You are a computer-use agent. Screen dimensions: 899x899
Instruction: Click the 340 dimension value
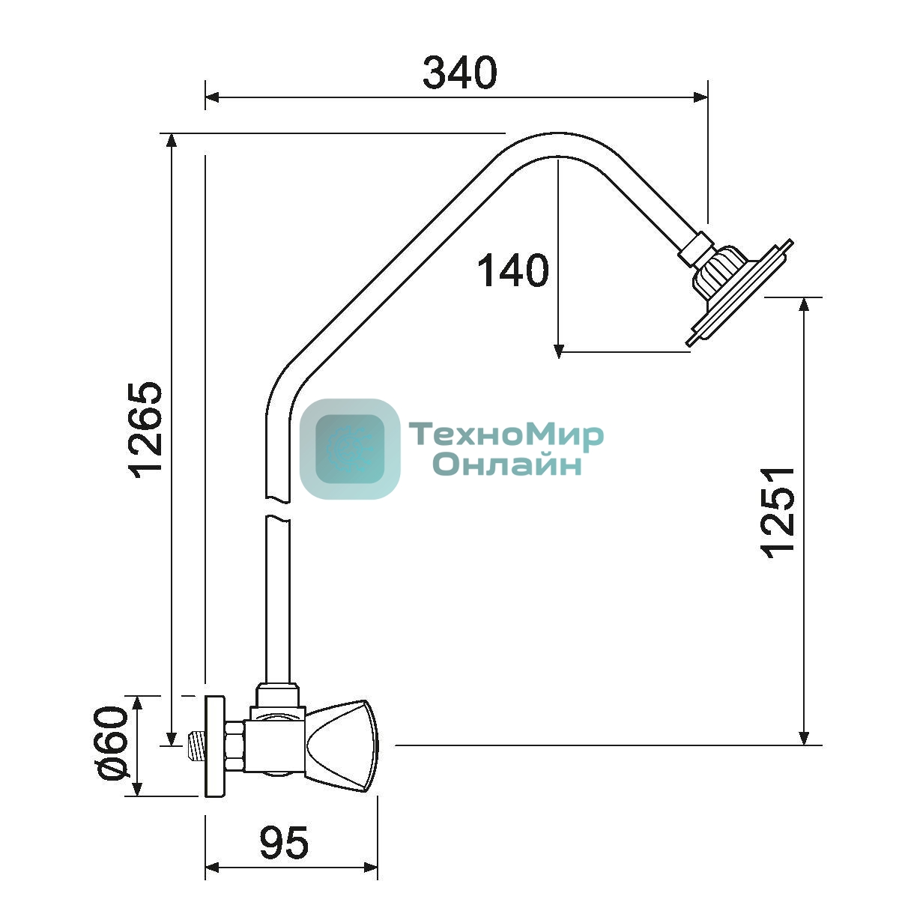tap(460, 73)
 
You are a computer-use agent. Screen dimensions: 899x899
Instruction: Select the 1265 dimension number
tap(146, 431)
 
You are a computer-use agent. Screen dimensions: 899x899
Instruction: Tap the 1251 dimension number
tap(778, 512)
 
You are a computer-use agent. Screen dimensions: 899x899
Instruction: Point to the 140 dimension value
tap(513, 270)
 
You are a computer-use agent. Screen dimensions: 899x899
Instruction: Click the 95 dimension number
tap(284, 843)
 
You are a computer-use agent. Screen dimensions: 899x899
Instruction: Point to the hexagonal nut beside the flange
tap(234, 745)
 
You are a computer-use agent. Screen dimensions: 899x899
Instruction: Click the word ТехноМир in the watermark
tap(506, 435)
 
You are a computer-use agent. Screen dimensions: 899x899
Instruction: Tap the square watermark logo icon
tap(350, 449)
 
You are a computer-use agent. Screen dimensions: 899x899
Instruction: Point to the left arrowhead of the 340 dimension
tap(212, 97)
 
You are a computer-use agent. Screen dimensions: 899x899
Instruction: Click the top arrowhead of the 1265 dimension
tap(172, 141)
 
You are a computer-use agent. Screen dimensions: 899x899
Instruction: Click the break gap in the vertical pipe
tap(278, 509)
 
